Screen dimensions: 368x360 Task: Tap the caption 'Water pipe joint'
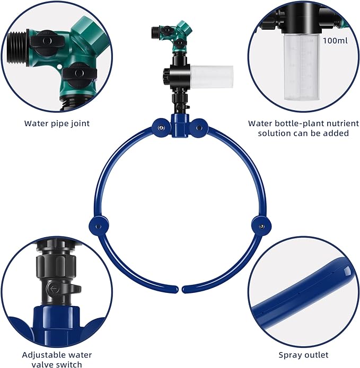click(x=57, y=123)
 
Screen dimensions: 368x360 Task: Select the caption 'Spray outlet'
click(x=303, y=355)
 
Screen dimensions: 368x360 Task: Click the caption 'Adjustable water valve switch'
click(x=57, y=359)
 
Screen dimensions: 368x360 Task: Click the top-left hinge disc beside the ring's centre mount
click(x=159, y=125)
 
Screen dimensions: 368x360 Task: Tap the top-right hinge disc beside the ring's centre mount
click(x=200, y=125)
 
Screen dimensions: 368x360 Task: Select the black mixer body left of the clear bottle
click(x=174, y=78)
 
